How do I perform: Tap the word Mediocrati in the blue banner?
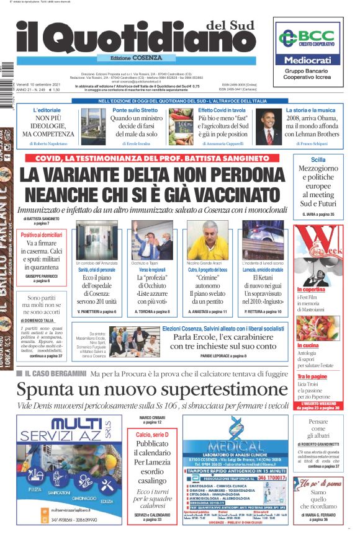(x=308, y=61)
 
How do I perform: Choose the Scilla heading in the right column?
(x=318, y=159)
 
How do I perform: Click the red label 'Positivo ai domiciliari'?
(x=42, y=235)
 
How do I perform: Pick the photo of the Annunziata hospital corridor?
(x=96, y=239)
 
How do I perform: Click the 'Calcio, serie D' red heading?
(x=152, y=435)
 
